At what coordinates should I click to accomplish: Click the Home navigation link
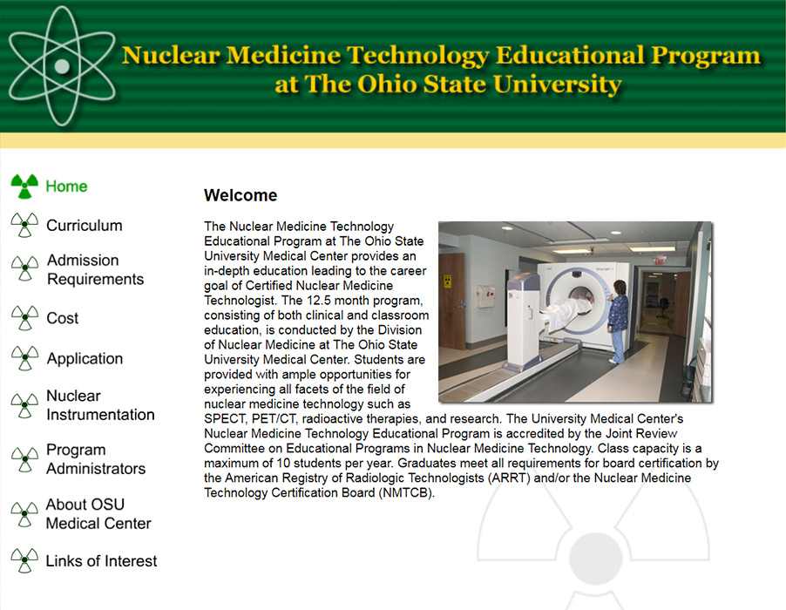point(66,186)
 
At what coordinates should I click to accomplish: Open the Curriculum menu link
point(84,226)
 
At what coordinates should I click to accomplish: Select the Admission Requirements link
point(95,270)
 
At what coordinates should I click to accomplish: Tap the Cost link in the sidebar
point(62,319)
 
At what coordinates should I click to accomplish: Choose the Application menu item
point(85,359)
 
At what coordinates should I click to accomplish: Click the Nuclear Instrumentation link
point(100,405)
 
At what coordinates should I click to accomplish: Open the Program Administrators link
point(96,459)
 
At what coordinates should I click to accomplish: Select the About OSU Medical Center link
point(98,514)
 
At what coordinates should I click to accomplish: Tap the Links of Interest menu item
point(101,561)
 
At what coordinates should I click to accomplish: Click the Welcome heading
point(241,195)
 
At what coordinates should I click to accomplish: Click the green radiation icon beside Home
point(24,186)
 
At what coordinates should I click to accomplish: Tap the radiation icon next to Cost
point(24,317)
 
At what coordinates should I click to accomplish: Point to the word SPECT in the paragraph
point(224,418)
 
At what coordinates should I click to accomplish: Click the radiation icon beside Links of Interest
point(24,560)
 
